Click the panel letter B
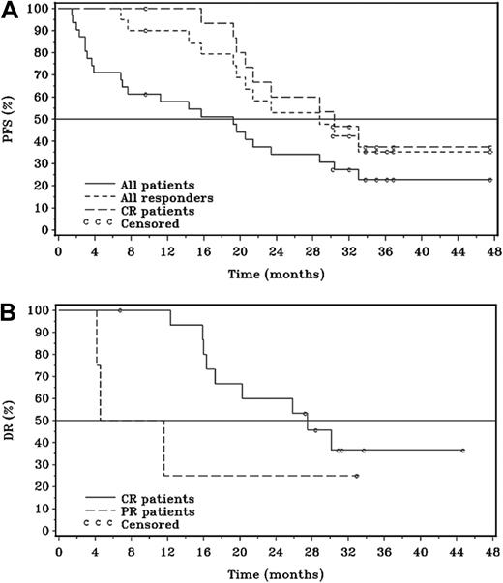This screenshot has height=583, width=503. click(9, 310)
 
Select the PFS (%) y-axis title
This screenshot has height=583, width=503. click(12, 121)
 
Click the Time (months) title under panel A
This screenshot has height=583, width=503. click(276, 275)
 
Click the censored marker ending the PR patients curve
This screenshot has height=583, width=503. click(356, 476)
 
